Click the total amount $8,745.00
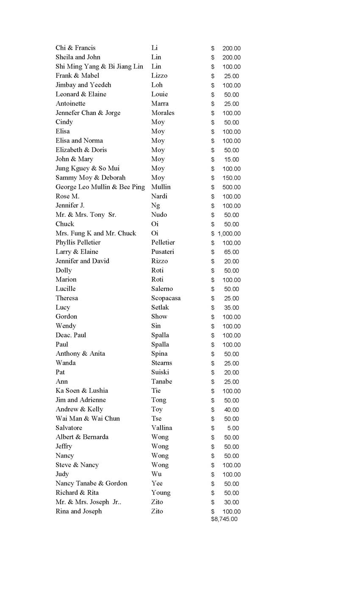click(224, 519)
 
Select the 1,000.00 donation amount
click(229, 234)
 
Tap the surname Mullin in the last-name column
click(161, 187)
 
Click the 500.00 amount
click(231, 187)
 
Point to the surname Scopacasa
click(166, 298)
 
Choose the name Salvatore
click(69, 428)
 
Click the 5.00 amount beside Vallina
click(233, 428)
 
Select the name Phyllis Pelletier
click(78, 243)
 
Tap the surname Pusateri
click(163, 252)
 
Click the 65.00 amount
click(231, 252)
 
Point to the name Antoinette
click(70, 103)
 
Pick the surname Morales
click(163, 113)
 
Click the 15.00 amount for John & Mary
click(231, 160)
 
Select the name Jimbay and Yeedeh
click(83, 85)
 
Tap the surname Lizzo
click(159, 75)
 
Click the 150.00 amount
click(231, 178)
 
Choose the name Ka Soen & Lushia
click(82, 391)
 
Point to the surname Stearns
click(161, 363)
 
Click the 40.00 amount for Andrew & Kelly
click(231, 410)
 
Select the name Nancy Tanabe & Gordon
click(91, 483)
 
